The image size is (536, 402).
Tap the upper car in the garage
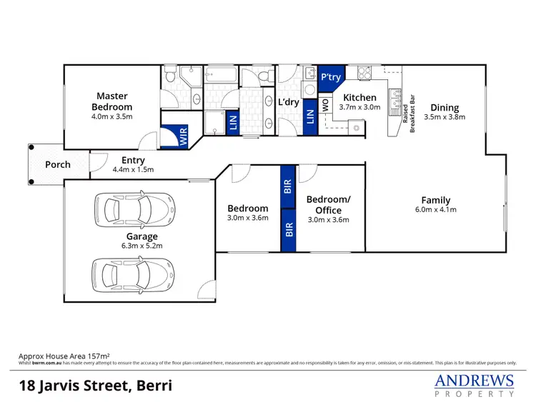[x=132, y=208]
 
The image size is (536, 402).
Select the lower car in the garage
[x=132, y=273]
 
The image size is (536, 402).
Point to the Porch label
[x=58, y=164]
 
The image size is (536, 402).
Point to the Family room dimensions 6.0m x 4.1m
[x=435, y=210]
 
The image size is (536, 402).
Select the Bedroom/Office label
[x=324, y=205]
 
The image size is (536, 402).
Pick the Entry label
[x=133, y=161]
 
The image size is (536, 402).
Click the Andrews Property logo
[x=475, y=384]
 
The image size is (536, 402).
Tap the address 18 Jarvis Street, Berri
[x=95, y=386]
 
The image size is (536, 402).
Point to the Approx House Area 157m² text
[x=68, y=354]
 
